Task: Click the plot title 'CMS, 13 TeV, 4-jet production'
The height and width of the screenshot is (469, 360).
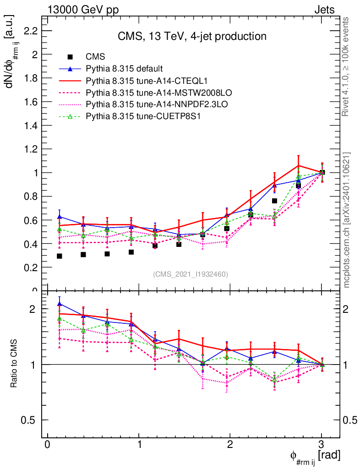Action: (191, 36)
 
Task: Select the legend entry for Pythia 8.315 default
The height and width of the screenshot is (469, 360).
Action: (124, 69)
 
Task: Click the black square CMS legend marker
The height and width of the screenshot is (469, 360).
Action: (71, 57)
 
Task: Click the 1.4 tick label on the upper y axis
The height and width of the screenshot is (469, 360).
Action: (30, 125)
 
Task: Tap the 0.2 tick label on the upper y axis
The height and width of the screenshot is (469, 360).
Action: (30, 267)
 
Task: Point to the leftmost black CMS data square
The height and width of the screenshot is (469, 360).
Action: (60, 256)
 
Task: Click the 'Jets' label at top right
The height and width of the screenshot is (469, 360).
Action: (324, 10)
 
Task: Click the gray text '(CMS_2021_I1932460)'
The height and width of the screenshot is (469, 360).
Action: (191, 274)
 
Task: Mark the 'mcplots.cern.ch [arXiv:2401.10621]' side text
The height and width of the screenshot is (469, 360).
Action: (347, 220)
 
